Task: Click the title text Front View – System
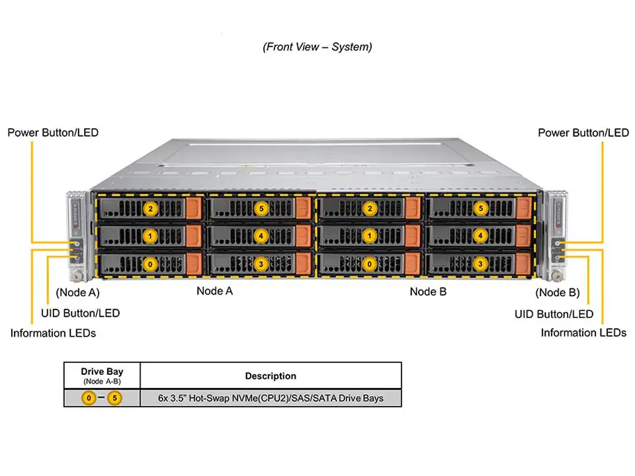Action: coord(317,47)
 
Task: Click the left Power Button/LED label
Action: coord(53,132)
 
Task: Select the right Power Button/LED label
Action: coord(583,132)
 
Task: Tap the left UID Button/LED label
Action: coord(81,313)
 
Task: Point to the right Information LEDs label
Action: coord(583,333)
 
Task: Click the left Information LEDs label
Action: coord(53,333)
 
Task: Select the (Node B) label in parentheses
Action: coord(557,292)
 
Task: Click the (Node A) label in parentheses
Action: coord(77,292)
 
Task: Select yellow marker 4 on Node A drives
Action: coord(261,236)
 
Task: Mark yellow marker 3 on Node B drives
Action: coord(481,264)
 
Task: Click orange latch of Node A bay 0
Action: coord(193,264)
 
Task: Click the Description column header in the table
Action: coord(271,376)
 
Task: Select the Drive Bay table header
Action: coord(102,372)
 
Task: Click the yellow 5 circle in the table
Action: coord(115,398)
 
